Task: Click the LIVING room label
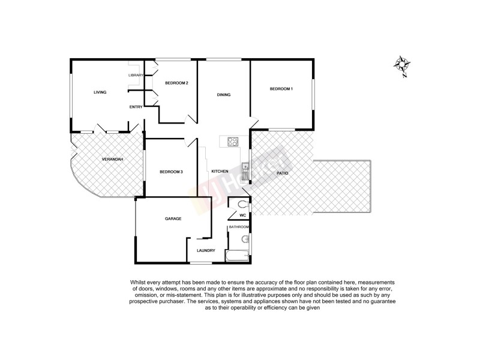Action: pyautogui.click(x=100, y=92)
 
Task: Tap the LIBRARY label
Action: pyautogui.click(x=136, y=75)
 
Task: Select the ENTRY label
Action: pyautogui.click(x=136, y=107)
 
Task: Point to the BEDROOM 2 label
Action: pyautogui.click(x=178, y=83)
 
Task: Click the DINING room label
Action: pyautogui.click(x=224, y=95)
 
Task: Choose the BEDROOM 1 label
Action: pyautogui.click(x=281, y=89)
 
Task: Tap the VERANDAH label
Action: pyautogui.click(x=112, y=159)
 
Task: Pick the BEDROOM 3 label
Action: pyautogui.click(x=171, y=172)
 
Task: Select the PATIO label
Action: pyautogui.click(x=282, y=173)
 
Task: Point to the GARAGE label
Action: pyautogui.click(x=173, y=218)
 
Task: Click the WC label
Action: pyautogui.click(x=243, y=215)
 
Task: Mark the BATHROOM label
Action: pyautogui.click(x=239, y=227)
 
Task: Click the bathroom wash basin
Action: pyautogui.click(x=245, y=240)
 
